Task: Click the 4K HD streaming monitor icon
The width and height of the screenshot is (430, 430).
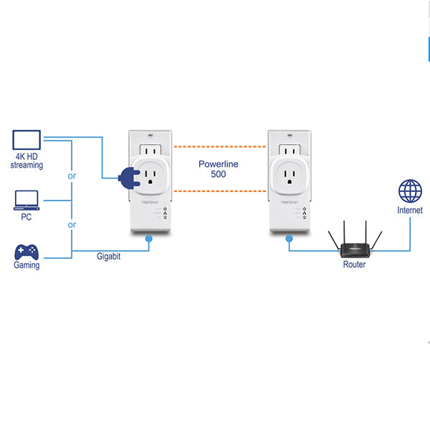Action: click(x=27, y=140)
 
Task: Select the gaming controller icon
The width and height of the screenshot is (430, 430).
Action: click(x=27, y=252)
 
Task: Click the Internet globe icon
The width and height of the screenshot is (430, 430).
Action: click(x=410, y=192)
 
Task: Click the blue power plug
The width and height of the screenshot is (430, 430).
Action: click(x=128, y=177)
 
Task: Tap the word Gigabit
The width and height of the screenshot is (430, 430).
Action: click(x=108, y=256)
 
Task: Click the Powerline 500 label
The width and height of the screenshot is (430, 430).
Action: click(x=218, y=169)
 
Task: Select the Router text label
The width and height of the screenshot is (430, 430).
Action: click(x=353, y=264)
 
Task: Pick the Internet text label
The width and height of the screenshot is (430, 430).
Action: click(x=410, y=211)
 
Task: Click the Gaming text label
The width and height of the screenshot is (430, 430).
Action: click(x=27, y=265)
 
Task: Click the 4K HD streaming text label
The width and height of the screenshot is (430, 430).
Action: click(x=27, y=161)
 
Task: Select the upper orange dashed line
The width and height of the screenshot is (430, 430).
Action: click(x=218, y=147)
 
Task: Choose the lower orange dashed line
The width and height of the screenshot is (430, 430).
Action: click(x=218, y=191)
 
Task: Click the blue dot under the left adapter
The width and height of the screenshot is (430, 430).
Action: click(x=149, y=239)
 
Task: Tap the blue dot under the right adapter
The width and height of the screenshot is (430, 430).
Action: click(x=290, y=239)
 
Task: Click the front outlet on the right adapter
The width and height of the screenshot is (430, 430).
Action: click(x=290, y=176)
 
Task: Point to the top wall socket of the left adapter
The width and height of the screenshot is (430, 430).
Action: click(x=149, y=151)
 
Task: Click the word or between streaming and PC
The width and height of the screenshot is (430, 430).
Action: click(x=72, y=176)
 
